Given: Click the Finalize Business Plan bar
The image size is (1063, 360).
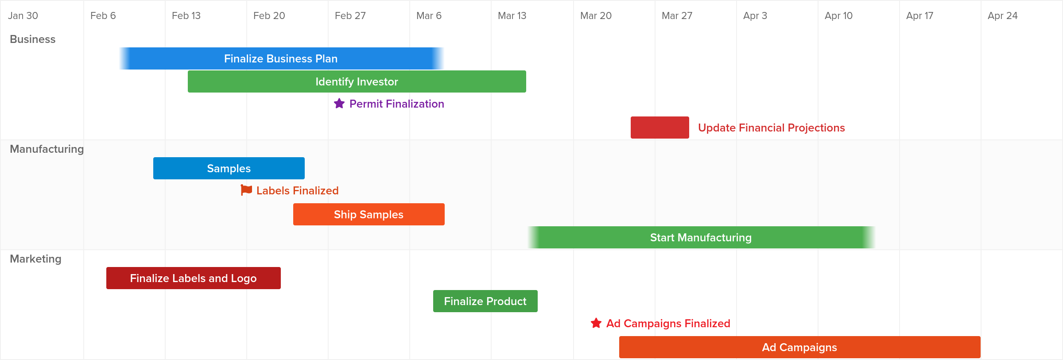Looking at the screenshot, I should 281,58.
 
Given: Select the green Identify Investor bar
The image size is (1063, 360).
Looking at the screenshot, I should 357,81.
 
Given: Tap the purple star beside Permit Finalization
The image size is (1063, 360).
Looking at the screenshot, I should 339,104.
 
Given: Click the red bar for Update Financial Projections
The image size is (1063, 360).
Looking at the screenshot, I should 660,128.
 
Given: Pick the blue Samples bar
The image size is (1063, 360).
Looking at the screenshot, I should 229,168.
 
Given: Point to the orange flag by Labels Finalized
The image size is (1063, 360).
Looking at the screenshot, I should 246,190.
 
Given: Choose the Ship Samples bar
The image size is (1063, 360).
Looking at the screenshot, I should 369,214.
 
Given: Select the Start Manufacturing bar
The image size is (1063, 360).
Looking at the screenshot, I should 701,237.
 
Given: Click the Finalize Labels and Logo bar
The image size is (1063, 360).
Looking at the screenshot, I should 193,278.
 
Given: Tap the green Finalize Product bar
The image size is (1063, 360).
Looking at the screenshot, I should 485,301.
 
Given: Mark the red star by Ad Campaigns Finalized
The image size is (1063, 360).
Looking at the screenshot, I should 596,323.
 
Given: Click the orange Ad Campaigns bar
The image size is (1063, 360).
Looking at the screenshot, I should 799,347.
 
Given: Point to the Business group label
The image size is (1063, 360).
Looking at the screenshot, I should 33,39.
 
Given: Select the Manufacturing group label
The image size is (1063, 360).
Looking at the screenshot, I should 47,149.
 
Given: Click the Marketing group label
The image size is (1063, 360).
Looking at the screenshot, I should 35,259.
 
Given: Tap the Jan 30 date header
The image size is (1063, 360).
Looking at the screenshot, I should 23,16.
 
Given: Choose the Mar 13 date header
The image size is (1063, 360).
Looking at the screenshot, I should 512,16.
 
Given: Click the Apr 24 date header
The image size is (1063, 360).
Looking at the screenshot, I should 1002,16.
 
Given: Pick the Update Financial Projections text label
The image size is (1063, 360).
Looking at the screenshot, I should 771,128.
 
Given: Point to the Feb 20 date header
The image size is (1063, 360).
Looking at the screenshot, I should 269,16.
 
